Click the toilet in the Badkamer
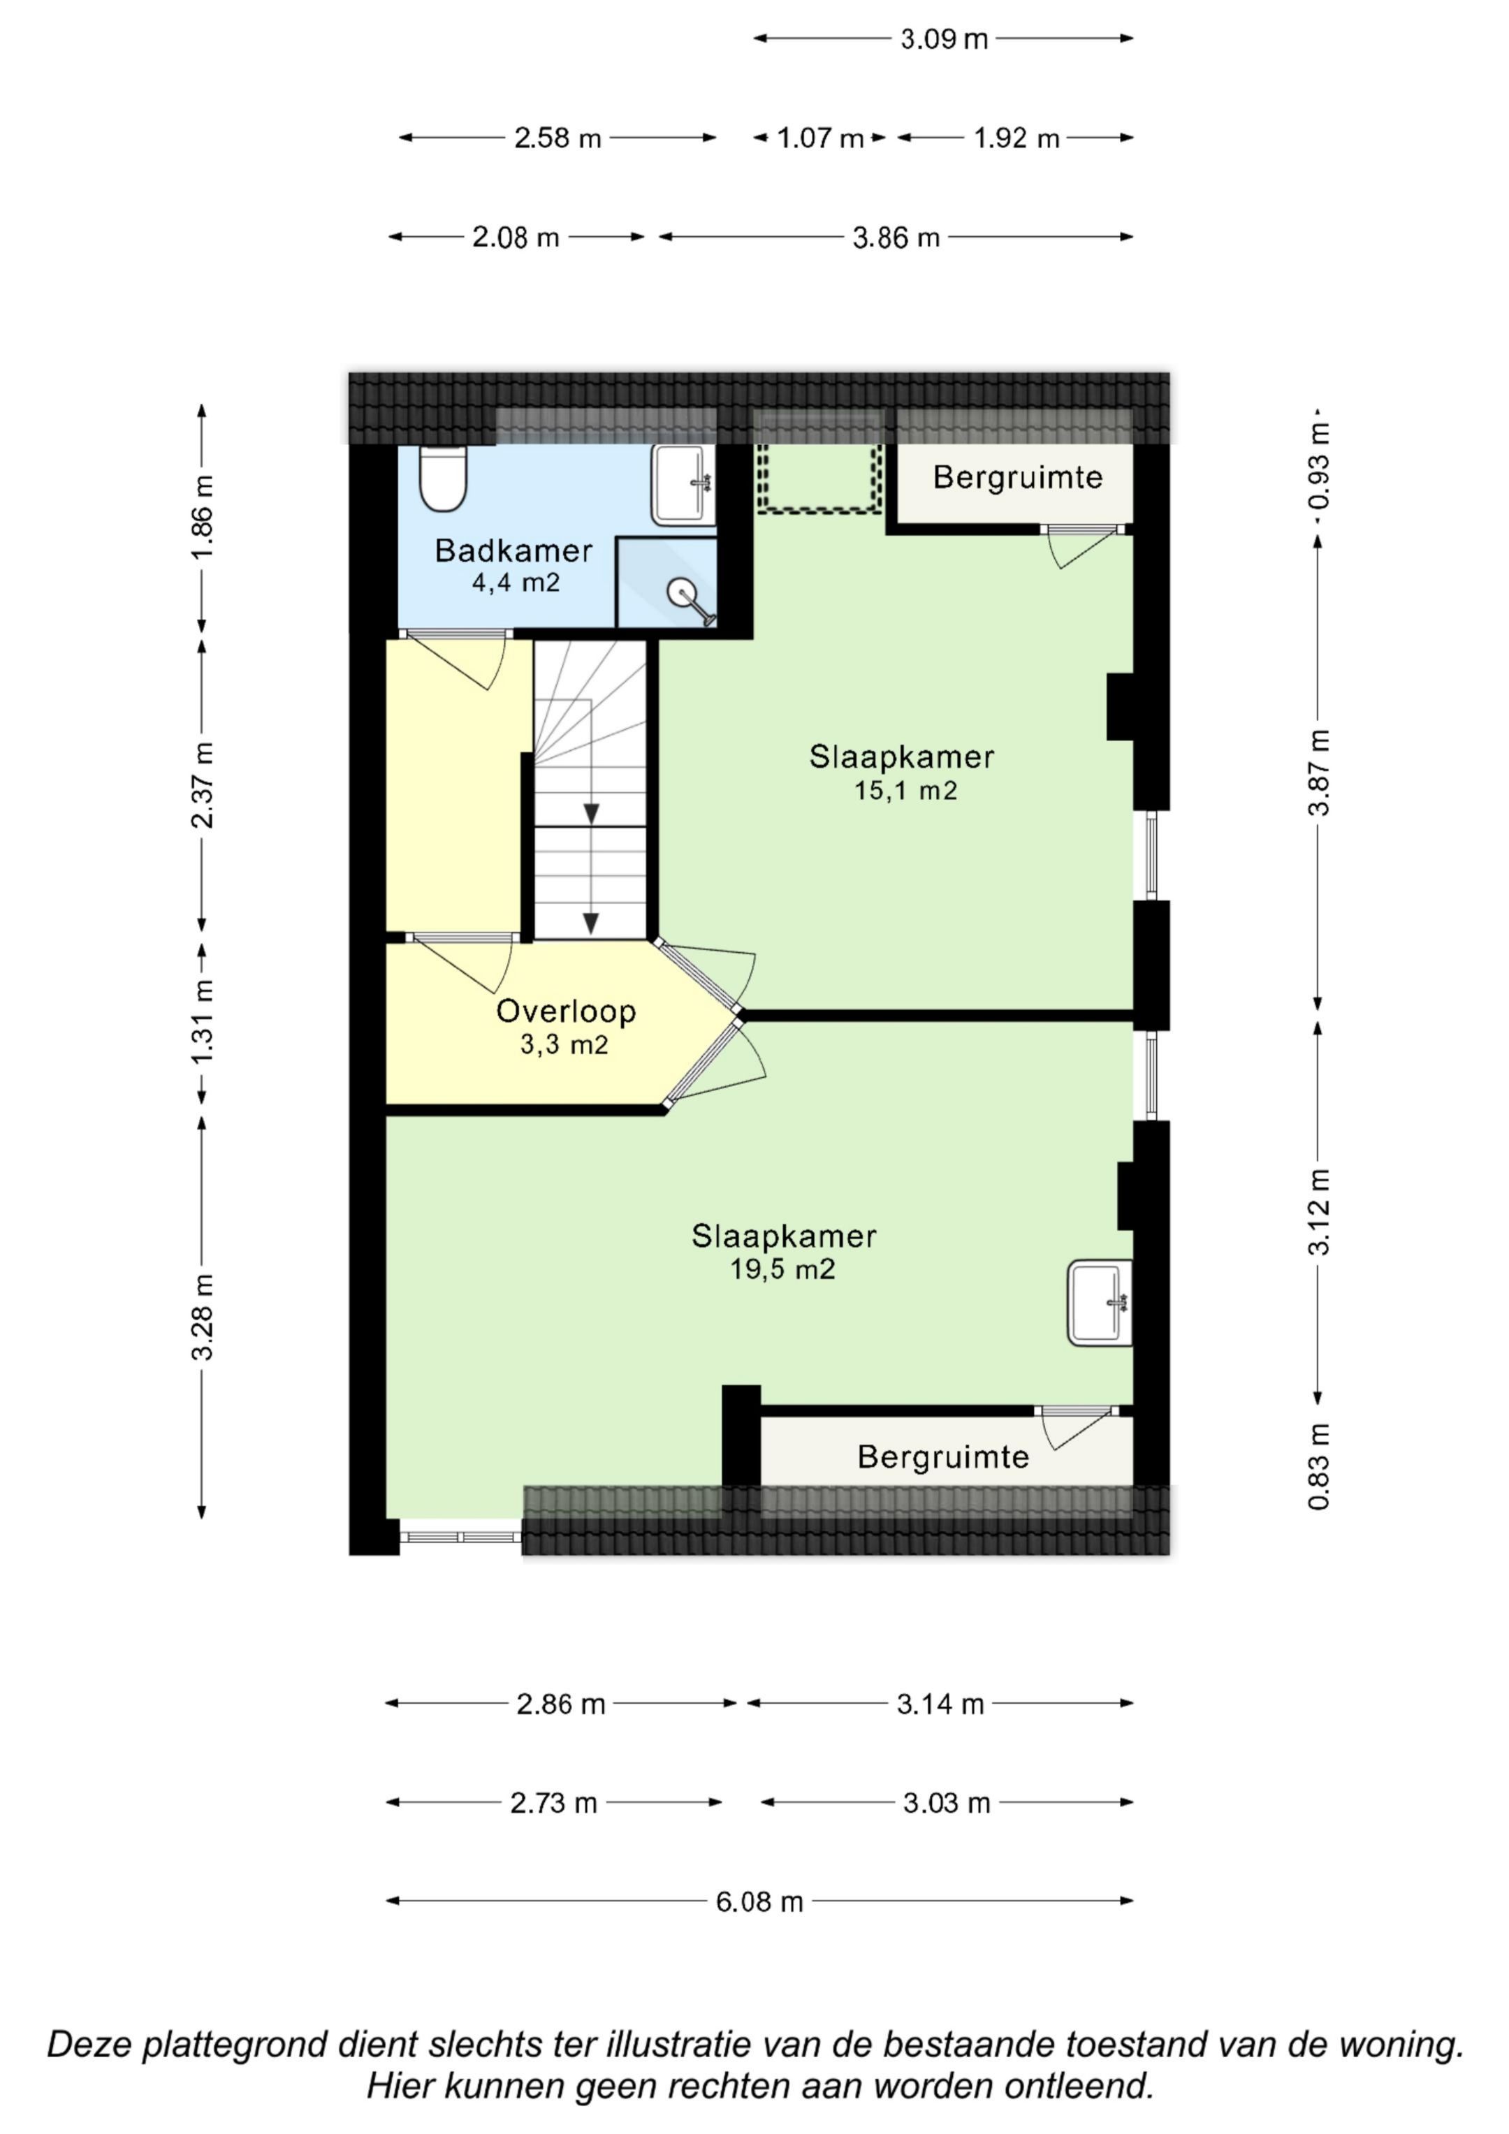point(442,478)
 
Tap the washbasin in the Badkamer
point(683,484)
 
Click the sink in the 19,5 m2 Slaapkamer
point(1100,1302)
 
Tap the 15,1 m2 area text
point(905,790)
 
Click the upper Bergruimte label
point(1018,477)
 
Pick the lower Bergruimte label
point(944,1456)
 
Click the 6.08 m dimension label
point(759,1901)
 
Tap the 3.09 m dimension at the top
point(944,39)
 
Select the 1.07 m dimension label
point(821,138)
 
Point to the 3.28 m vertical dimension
point(203,1316)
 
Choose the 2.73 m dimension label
point(554,1803)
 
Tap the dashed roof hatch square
point(819,477)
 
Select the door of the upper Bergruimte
point(1083,546)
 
